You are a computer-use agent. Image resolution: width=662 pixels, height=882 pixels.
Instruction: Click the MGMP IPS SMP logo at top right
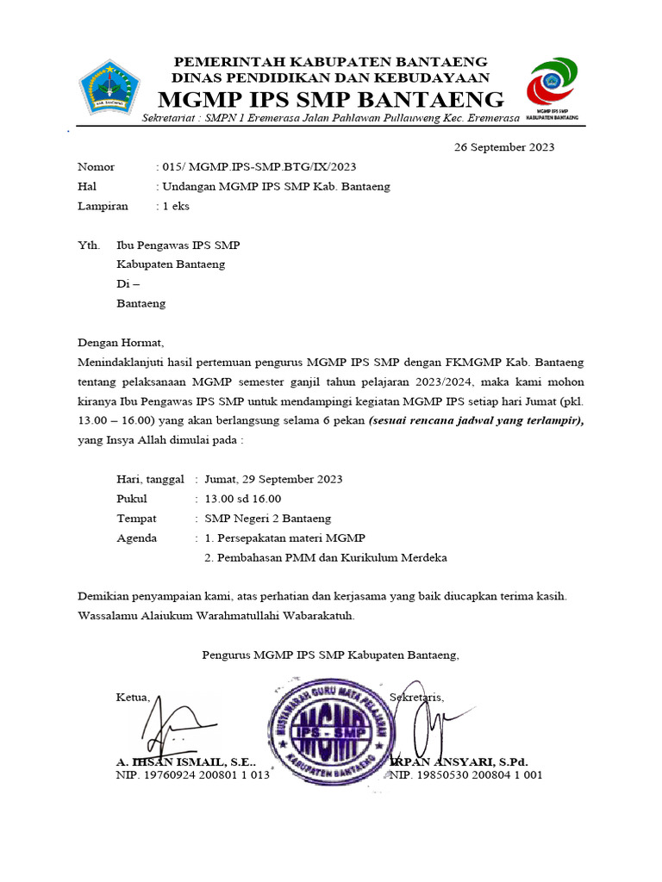coord(553,86)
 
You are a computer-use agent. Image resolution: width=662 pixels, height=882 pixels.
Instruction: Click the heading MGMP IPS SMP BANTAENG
coord(331,98)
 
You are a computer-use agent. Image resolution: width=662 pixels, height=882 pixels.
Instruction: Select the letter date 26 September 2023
coord(504,146)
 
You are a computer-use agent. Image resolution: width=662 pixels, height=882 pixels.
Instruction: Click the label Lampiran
coord(103,206)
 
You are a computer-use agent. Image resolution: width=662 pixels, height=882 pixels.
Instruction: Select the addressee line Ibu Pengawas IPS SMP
coord(178,245)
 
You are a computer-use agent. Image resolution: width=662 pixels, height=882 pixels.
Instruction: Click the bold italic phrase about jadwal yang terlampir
coord(476,420)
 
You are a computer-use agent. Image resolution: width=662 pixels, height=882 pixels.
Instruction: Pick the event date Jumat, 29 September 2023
coord(273,480)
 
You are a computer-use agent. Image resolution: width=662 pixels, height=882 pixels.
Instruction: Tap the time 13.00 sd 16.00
coord(242,499)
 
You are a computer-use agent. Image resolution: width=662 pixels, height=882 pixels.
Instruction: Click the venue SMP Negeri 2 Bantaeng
coord(267,519)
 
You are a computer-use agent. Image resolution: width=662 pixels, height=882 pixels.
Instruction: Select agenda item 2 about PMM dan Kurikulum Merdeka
coord(326,557)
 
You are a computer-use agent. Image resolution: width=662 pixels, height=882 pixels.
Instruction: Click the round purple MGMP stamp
coord(328,728)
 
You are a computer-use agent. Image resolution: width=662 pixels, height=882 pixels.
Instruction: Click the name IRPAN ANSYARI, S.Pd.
coord(460,762)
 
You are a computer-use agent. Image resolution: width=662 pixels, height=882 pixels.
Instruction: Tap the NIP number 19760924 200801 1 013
coord(192,775)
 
